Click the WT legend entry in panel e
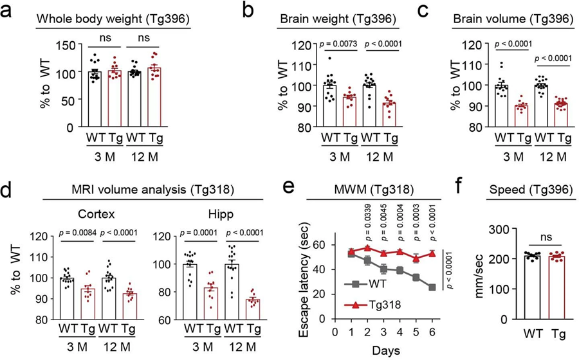374,283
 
